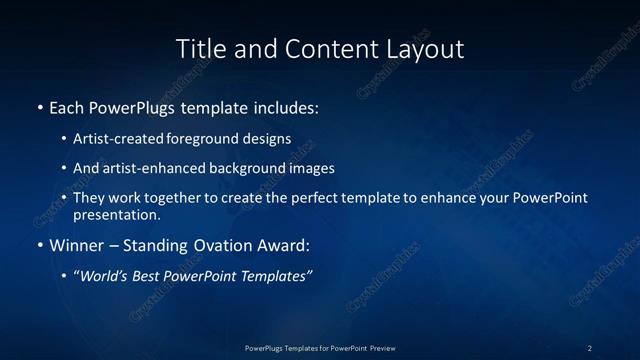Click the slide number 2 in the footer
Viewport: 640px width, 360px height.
click(590, 348)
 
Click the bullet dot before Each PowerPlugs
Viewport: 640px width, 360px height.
click(39, 106)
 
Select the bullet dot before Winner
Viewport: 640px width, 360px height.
click(39, 244)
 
